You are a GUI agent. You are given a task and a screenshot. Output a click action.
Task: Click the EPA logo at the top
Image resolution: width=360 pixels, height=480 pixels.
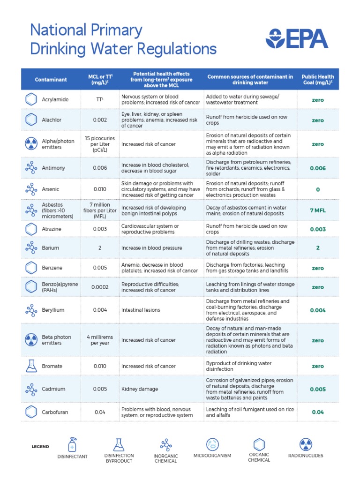coord(297,38)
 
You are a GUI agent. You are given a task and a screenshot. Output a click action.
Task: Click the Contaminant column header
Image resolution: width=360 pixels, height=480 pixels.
coord(51,80)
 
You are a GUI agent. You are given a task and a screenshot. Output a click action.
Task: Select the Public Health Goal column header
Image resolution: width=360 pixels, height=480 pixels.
coord(317,80)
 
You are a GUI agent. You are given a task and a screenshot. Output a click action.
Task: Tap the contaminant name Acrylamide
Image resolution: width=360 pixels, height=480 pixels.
coord(55,100)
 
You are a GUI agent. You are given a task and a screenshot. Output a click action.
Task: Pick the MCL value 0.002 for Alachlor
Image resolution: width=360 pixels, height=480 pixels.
coord(100,120)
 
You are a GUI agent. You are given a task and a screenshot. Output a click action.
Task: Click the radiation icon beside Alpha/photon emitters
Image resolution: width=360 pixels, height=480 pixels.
coord(31,144)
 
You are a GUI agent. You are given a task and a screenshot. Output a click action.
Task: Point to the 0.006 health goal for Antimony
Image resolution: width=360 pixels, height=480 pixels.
coord(317,168)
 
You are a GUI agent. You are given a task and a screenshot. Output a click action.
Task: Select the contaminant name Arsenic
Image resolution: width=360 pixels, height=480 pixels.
coord(51,189)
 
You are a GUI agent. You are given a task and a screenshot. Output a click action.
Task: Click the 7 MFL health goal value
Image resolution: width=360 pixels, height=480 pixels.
coord(317,210)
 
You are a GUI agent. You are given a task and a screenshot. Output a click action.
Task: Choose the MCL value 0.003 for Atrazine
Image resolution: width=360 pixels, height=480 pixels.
coord(100,229)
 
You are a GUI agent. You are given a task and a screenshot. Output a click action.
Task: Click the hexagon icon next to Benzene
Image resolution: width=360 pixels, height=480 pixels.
coord(31,268)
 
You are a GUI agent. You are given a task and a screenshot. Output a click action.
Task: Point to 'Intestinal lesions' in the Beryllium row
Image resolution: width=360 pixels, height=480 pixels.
coord(141,310)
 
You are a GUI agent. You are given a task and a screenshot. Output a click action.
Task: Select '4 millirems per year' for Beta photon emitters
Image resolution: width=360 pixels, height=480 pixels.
coord(100,340)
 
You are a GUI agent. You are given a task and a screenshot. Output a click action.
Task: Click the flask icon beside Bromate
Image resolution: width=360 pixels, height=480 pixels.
coord(31,366)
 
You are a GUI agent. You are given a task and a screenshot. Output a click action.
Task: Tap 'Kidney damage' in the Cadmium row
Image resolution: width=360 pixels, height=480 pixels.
coord(140,389)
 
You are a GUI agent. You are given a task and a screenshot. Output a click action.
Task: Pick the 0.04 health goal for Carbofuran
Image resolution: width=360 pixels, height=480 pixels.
coord(317,412)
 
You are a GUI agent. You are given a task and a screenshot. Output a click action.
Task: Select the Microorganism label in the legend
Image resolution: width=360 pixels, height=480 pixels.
coord(212,456)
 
